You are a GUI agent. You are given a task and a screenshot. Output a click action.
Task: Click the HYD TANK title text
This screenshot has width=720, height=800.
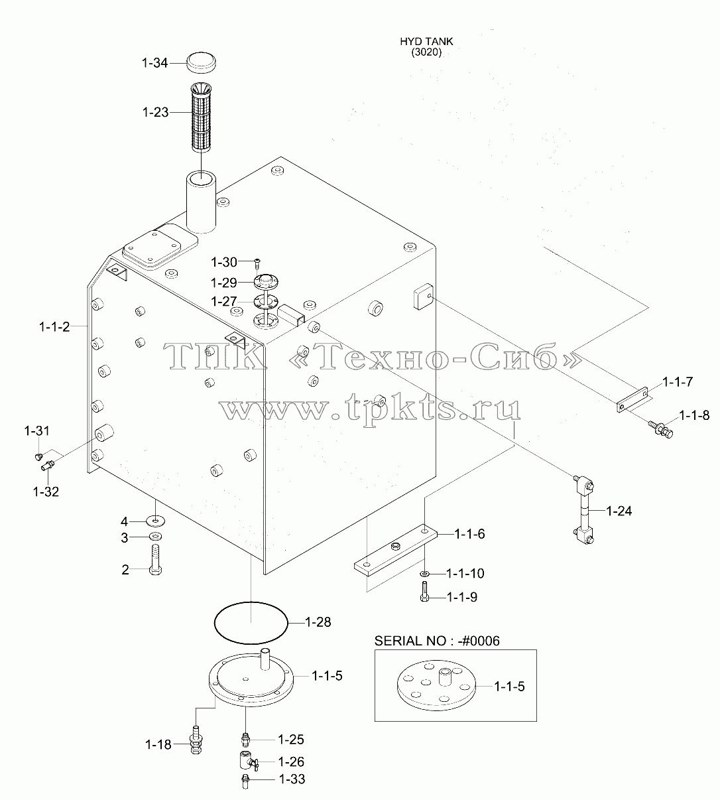[426, 42]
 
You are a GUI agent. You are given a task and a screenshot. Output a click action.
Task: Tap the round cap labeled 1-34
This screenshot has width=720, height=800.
[202, 62]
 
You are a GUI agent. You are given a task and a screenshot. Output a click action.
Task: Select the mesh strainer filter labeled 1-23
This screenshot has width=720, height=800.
[201, 117]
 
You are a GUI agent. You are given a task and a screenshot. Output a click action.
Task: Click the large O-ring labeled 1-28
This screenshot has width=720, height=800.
[251, 622]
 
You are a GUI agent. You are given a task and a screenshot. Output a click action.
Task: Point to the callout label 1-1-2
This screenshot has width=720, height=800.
[54, 326]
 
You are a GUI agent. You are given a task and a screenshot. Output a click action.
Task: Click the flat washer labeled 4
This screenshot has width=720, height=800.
[156, 521]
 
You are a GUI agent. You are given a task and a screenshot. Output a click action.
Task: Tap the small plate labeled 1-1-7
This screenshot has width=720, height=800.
[632, 399]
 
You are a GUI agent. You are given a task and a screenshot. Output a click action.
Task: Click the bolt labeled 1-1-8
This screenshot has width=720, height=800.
[660, 429]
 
